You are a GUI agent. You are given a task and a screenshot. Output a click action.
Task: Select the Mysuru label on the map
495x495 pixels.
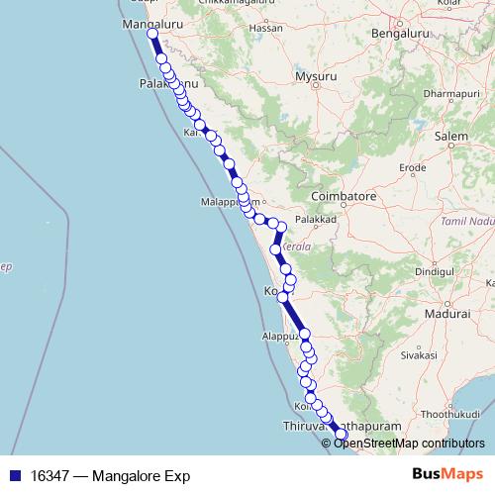(317, 75)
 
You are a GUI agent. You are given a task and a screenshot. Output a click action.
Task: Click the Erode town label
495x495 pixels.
(412, 168)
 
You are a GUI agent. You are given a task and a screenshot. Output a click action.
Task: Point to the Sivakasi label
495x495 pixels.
(418, 352)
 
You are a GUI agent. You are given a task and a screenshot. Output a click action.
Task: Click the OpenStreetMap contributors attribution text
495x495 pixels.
(408, 443)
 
